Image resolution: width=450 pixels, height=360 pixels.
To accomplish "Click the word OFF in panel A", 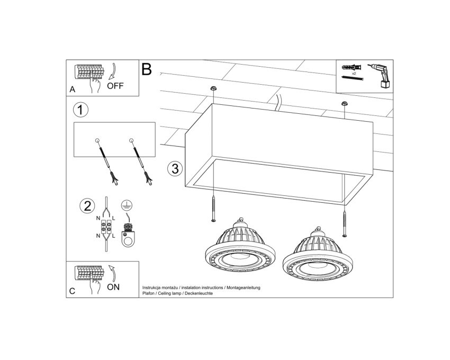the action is point(115,86).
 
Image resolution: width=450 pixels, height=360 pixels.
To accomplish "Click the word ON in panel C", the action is point(113,287).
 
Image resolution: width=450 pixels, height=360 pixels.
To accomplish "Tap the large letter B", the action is point(146,69).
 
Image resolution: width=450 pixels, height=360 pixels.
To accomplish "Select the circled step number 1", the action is point(80,110).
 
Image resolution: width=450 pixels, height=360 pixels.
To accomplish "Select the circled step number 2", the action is point(87,206).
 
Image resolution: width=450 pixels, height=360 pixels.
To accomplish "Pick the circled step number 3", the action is point(175,168).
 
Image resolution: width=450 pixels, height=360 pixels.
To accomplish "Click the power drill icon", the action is point(380,76).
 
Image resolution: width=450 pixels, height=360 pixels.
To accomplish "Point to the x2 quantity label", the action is point(354,74).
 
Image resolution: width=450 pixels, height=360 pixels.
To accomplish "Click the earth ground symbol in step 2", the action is point(127,205).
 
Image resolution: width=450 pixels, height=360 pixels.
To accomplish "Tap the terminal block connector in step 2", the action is point(106,227).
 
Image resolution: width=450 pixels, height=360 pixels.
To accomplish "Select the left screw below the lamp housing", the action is point(213,209).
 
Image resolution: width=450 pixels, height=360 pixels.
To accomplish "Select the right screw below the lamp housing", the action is point(345,224).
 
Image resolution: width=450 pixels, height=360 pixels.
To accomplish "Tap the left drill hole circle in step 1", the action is point(97,141).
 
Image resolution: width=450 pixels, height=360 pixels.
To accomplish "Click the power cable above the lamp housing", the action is point(278,103).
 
